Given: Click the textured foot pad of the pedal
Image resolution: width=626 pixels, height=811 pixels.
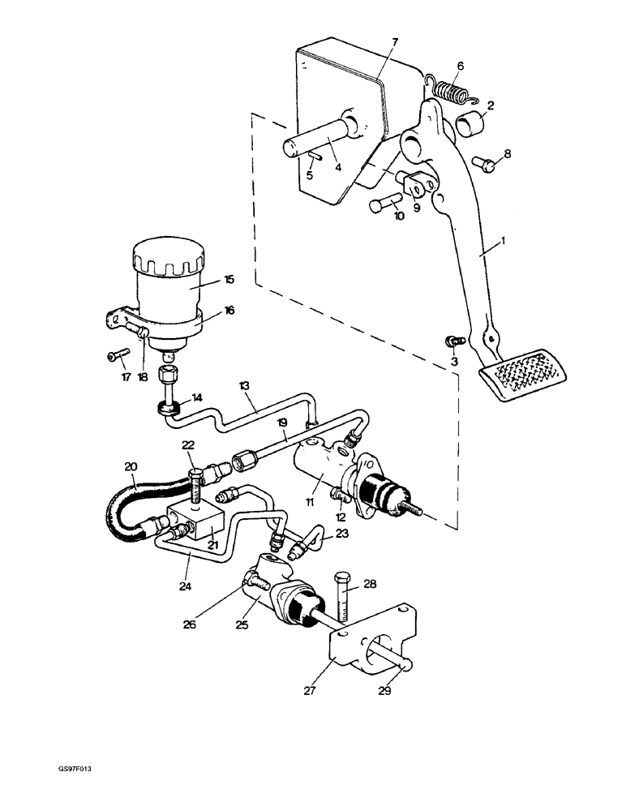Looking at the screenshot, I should pyautogui.click(x=525, y=373).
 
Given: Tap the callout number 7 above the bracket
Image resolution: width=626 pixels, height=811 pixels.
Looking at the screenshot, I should pyautogui.click(x=395, y=41).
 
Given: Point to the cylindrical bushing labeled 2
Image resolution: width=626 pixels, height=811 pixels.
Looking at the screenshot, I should pyautogui.click(x=470, y=125).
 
